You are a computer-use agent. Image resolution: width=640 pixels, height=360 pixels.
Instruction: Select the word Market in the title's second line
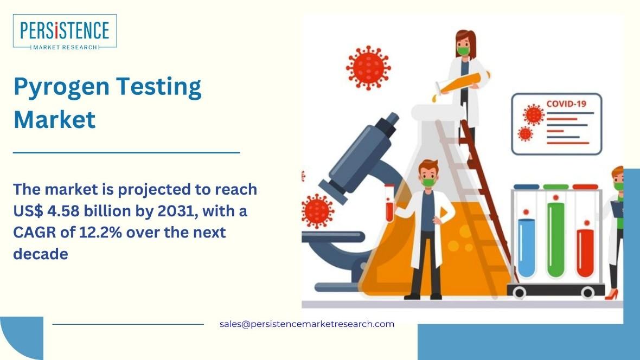(x=55, y=119)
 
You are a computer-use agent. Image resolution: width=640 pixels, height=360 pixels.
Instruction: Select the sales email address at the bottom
(x=307, y=324)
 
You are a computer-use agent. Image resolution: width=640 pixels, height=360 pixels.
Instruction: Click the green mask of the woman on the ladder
(x=463, y=51)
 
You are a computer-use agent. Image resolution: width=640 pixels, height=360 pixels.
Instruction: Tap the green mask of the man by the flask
(x=428, y=182)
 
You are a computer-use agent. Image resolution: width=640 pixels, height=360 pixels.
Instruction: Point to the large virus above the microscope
(x=368, y=68)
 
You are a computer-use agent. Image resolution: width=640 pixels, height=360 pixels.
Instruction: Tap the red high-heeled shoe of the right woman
(x=611, y=294)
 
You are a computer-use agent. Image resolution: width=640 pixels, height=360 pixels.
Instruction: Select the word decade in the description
(x=41, y=254)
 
